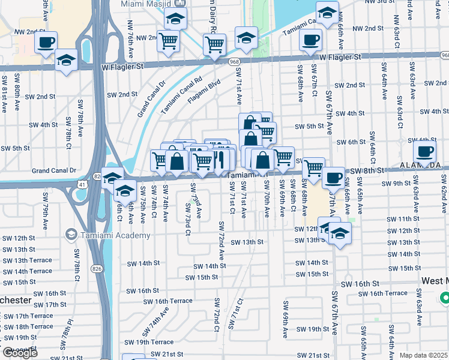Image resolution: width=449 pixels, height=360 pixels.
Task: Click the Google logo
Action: point(20,353)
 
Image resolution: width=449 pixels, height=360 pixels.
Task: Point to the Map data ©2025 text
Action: point(424,355)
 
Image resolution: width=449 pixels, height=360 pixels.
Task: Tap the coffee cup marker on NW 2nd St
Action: point(46,43)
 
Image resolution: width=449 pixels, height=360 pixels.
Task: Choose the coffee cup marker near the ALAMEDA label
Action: point(424,152)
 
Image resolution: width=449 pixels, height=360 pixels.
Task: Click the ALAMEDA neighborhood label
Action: point(421,164)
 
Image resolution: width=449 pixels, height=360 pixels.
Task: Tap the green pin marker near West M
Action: point(445,297)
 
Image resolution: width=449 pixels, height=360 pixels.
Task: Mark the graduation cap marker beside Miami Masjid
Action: point(175,19)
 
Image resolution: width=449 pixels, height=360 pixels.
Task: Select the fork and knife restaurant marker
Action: point(221,160)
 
